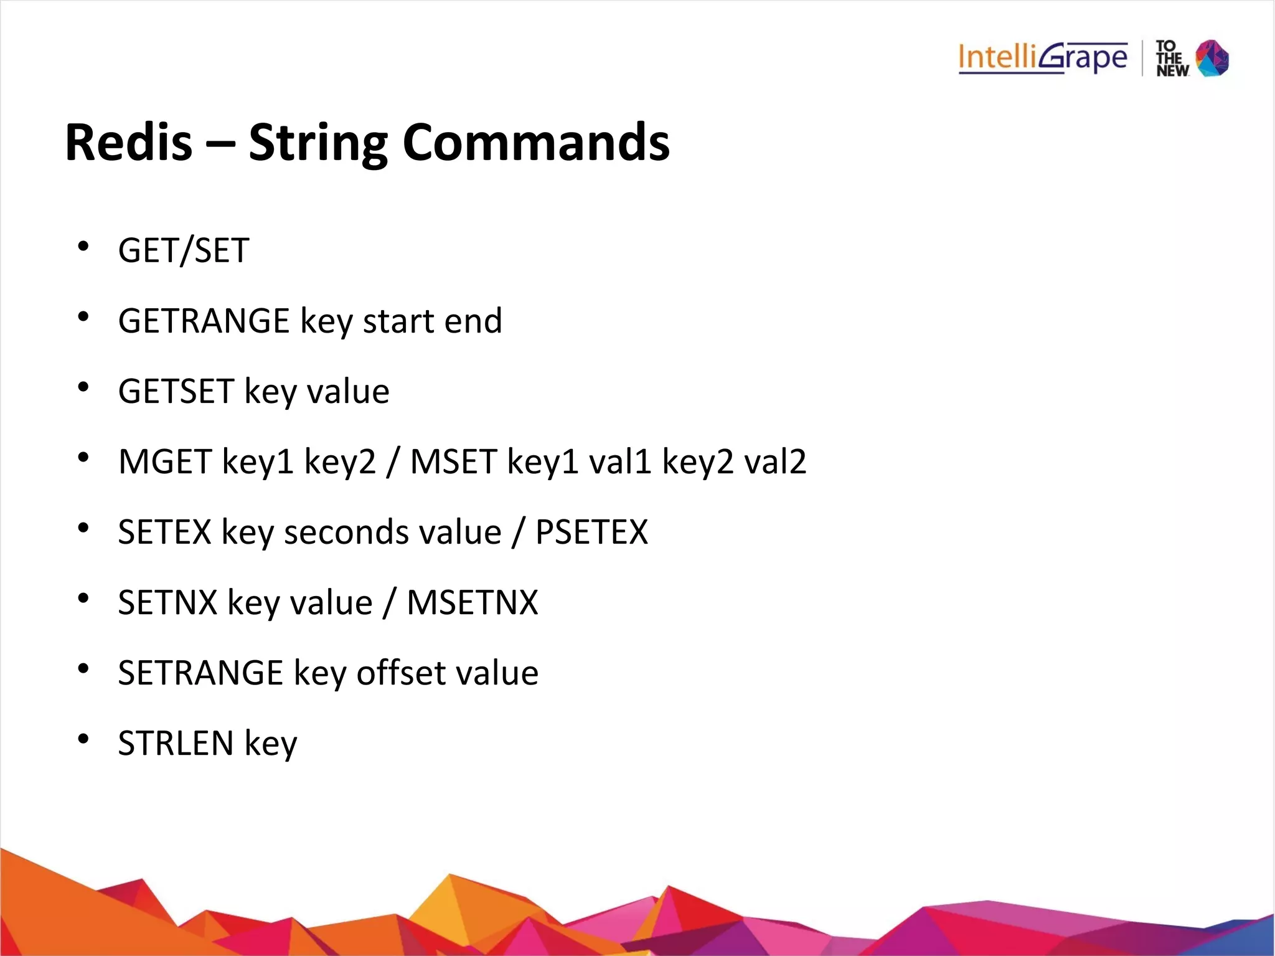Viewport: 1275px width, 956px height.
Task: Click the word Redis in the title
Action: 128,143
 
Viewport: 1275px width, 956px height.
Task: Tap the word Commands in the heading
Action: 536,143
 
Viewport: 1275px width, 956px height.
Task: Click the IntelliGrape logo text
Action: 1043,58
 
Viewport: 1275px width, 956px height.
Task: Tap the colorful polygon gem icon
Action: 1212,58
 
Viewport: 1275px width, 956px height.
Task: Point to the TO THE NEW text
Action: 1172,59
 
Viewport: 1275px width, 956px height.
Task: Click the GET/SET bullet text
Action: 184,250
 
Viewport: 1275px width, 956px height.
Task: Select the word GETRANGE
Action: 204,321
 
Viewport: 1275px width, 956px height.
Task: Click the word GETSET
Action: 176,391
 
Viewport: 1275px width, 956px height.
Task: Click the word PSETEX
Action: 591,532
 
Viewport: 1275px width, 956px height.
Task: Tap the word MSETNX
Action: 472,602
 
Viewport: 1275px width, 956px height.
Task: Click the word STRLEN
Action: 176,743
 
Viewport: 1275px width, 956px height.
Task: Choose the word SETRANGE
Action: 200,673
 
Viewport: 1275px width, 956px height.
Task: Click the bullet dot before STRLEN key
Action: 83,739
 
